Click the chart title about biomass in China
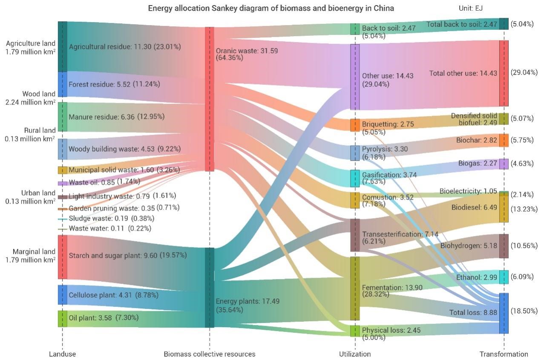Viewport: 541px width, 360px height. tap(271, 8)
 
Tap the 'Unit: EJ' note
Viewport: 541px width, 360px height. tap(470, 8)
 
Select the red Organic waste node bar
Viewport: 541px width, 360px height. tap(209, 99)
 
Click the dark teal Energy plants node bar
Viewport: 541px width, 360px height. tap(209, 288)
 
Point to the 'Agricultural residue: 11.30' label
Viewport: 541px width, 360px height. tap(124, 46)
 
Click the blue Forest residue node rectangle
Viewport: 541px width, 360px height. tap(62, 84)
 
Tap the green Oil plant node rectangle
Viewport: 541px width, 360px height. tap(62, 318)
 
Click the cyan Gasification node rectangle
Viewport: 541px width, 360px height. tap(355, 178)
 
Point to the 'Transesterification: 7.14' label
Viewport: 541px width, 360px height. tap(400, 234)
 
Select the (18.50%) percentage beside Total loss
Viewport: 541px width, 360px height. tap(524, 311)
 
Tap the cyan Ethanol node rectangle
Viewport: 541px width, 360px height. tap(504, 277)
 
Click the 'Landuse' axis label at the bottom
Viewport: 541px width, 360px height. tap(62, 354)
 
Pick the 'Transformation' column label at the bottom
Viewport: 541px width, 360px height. tap(504, 354)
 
